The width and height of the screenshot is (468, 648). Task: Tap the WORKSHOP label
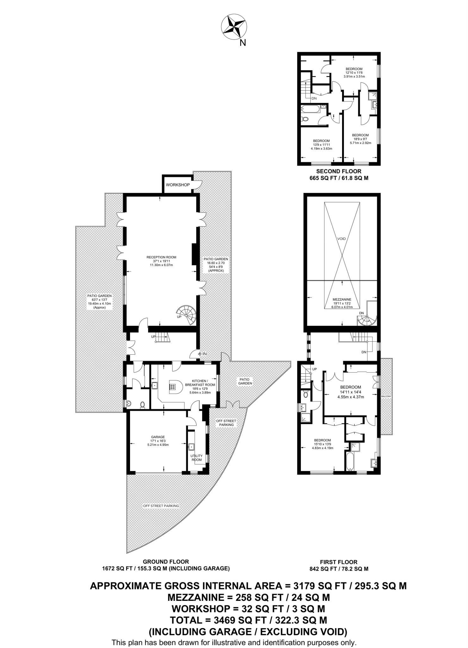[x=178, y=185]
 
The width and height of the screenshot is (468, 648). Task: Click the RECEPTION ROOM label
[x=161, y=257]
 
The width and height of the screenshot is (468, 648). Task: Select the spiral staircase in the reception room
[x=187, y=315]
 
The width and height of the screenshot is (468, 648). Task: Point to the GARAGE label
[x=158, y=437]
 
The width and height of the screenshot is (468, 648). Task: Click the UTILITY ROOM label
[x=197, y=458]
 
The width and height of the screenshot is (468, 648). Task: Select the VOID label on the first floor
[x=341, y=239]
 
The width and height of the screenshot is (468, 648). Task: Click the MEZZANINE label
[x=342, y=299]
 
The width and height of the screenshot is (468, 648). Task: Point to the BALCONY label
[x=386, y=396]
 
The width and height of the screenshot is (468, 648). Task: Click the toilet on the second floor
[x=305, y=119]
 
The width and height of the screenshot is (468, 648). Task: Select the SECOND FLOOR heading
[x=339, y=171]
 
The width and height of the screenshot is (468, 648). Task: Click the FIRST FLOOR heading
[x=339, y=562]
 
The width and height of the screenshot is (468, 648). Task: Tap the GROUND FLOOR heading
[x=166, y=562]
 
